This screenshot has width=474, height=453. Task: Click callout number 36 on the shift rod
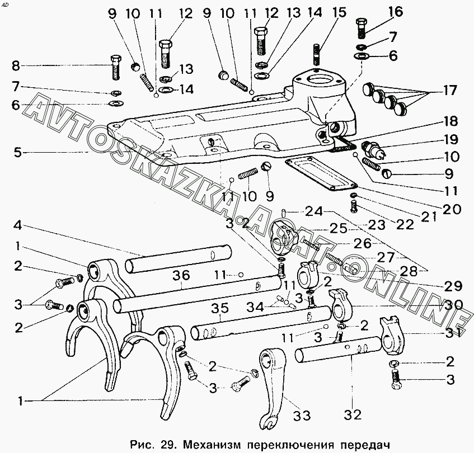[182, 275]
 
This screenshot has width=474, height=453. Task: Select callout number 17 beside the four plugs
[449, 90]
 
